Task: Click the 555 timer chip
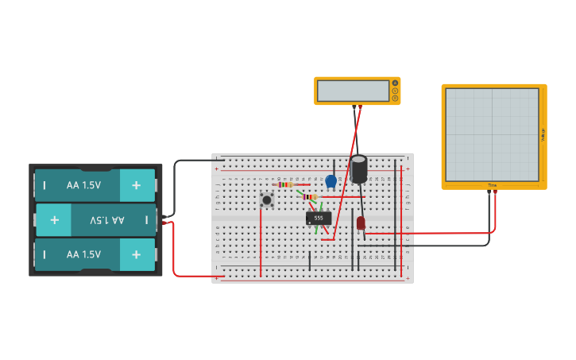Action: coord(319,218)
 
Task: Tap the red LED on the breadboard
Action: coord(361,223)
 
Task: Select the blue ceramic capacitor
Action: coord(331,181)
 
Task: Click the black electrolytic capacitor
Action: coord(359,169)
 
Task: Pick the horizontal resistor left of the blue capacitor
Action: coord(286,184)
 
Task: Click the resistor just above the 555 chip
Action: coord(309,197)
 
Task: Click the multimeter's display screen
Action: coord(354,91)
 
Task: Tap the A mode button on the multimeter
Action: coord(395,91)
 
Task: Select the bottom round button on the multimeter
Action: coord(395,99)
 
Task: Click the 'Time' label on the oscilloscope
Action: coord(493,185)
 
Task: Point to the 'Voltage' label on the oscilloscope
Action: coord(543,135)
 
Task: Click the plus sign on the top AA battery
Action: coord(136,185)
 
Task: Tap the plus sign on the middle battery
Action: coord(54,219)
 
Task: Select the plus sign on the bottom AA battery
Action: coord(136,254)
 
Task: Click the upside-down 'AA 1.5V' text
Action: coord(106,219)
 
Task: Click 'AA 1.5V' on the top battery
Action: coord(83,185)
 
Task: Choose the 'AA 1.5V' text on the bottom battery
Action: coord(83,254)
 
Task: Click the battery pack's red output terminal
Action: coord(164,223)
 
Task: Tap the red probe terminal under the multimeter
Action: coord(360,106)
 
